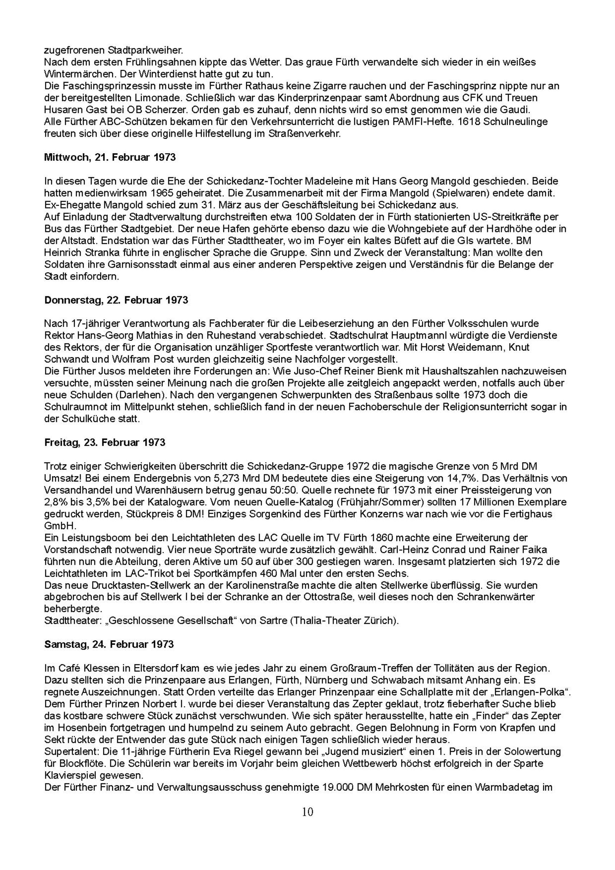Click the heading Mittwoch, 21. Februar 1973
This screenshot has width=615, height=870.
point(110,157)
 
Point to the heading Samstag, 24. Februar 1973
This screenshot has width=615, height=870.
point(109,644)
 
